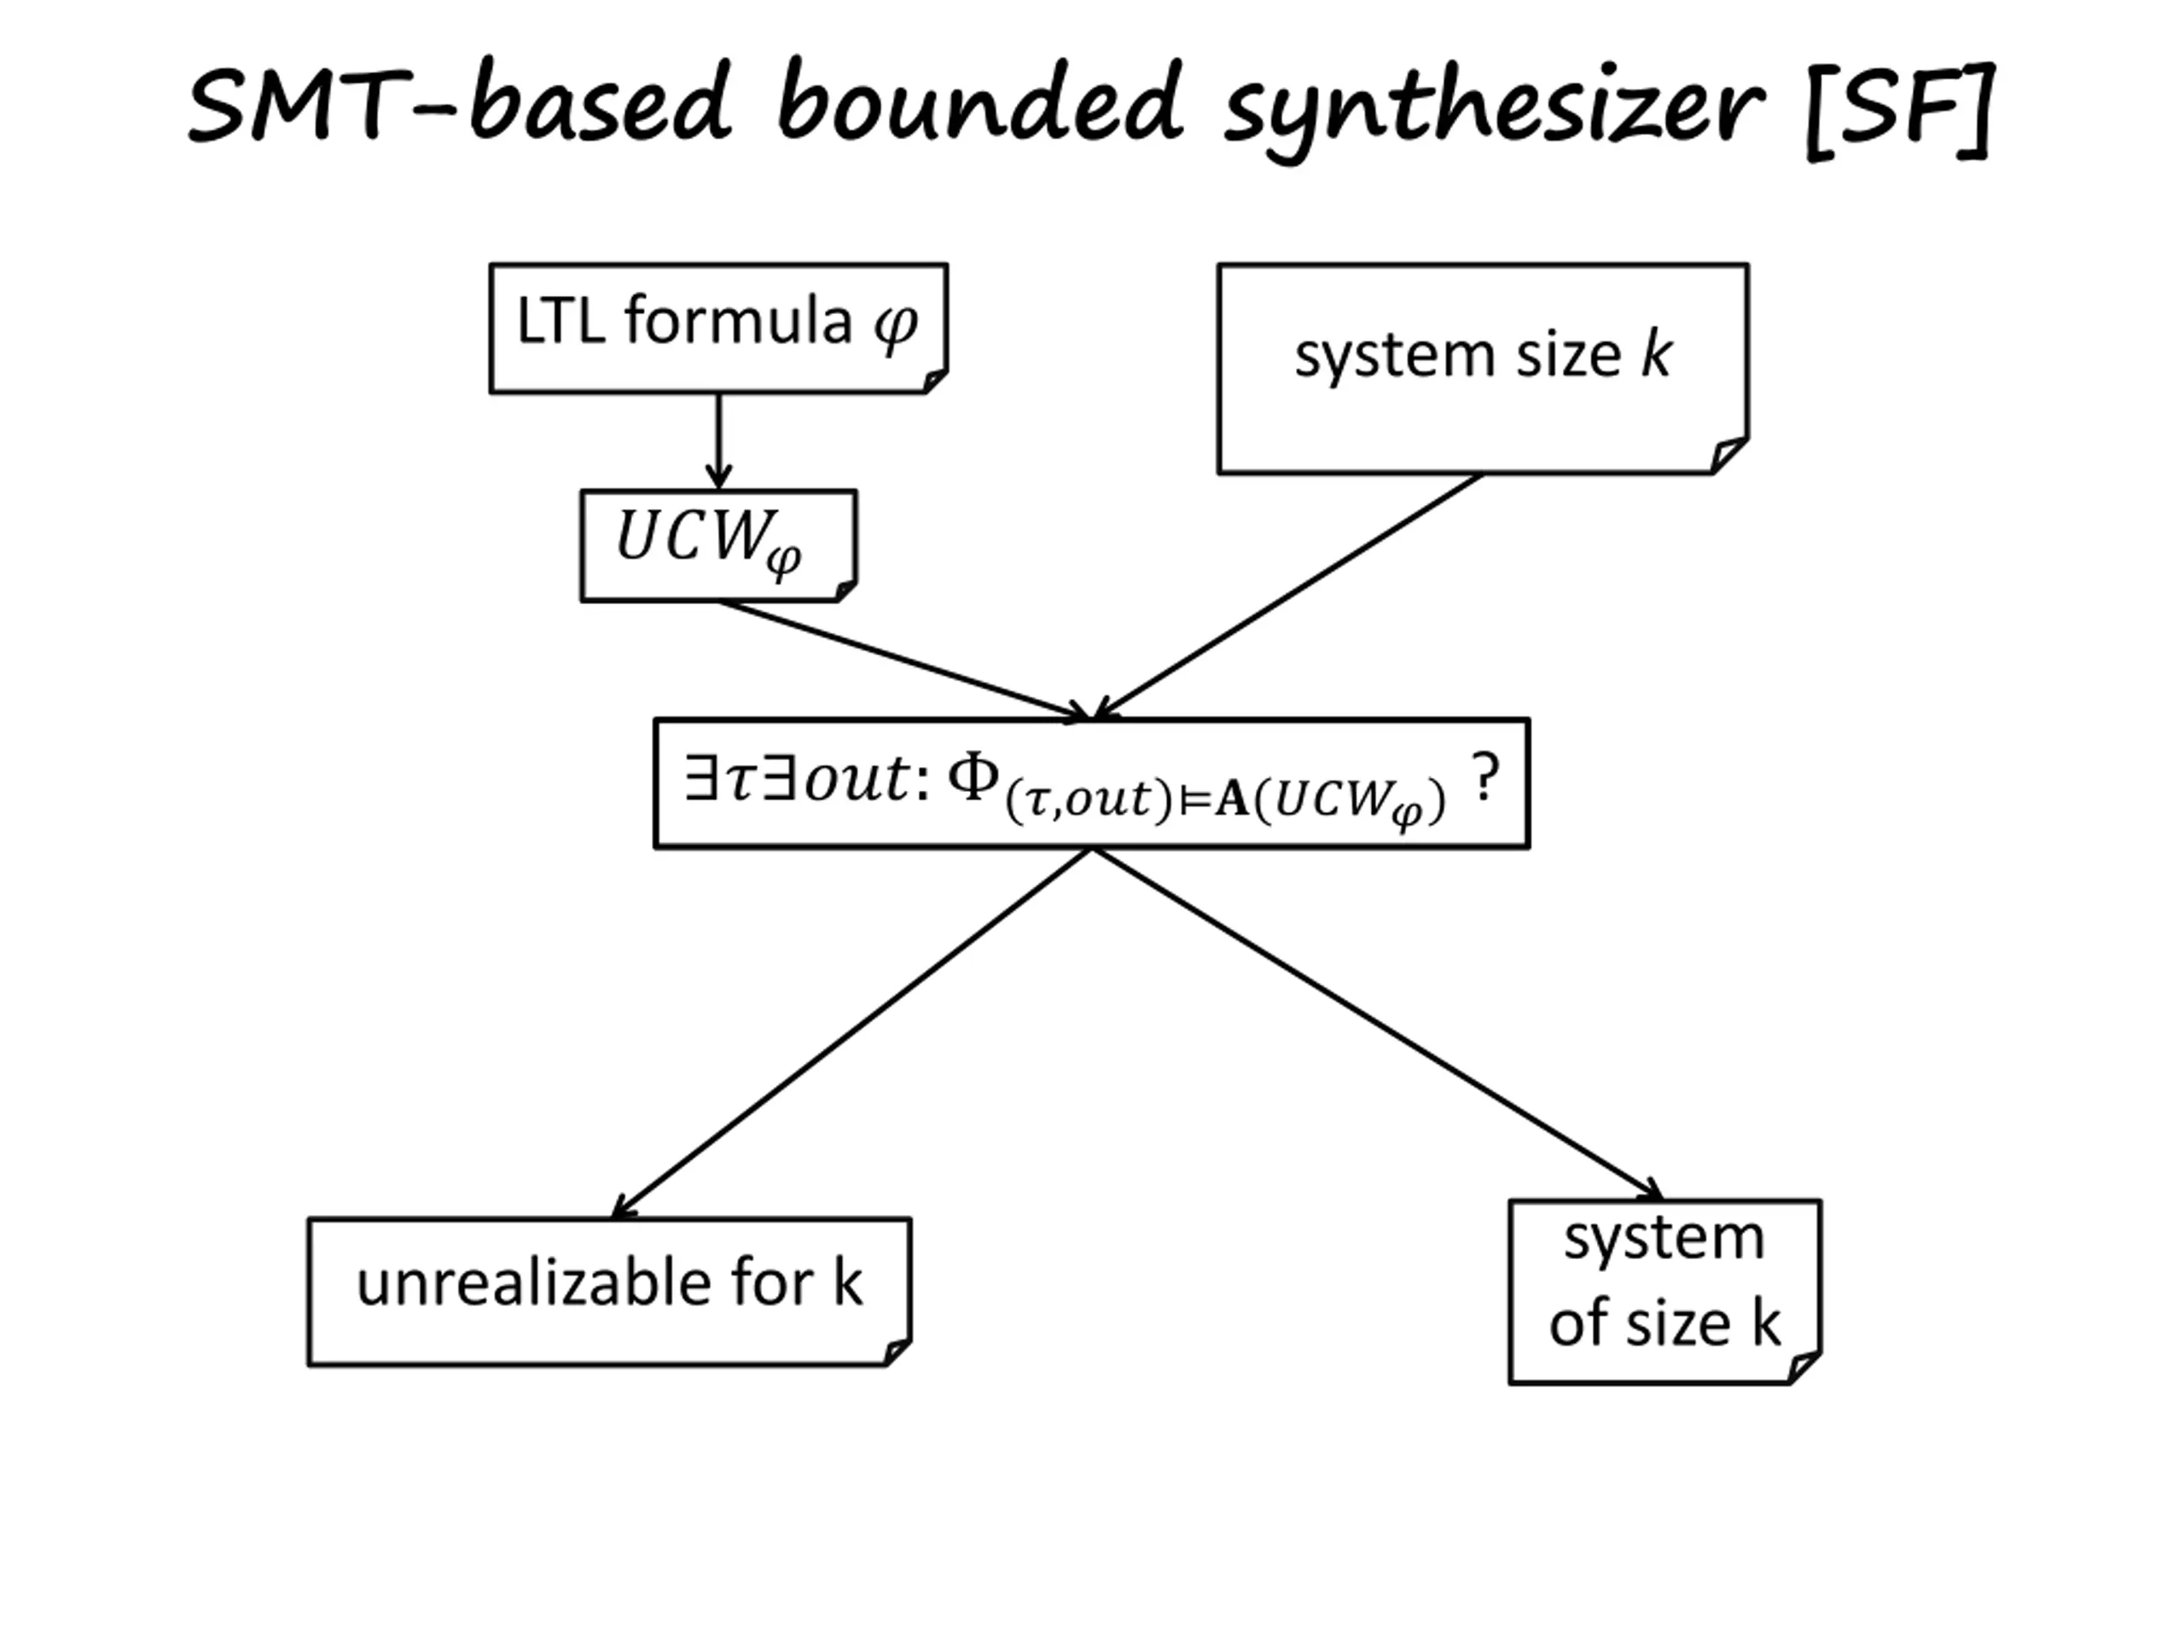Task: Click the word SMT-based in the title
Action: click(459, 105)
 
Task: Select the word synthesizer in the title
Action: click(1493, 108)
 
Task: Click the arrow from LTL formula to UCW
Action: click(719, 439)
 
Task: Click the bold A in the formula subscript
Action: click(1231, 799)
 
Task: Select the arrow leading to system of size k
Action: click(1377, 1022)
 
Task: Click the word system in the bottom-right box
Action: click(1664, 1238)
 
